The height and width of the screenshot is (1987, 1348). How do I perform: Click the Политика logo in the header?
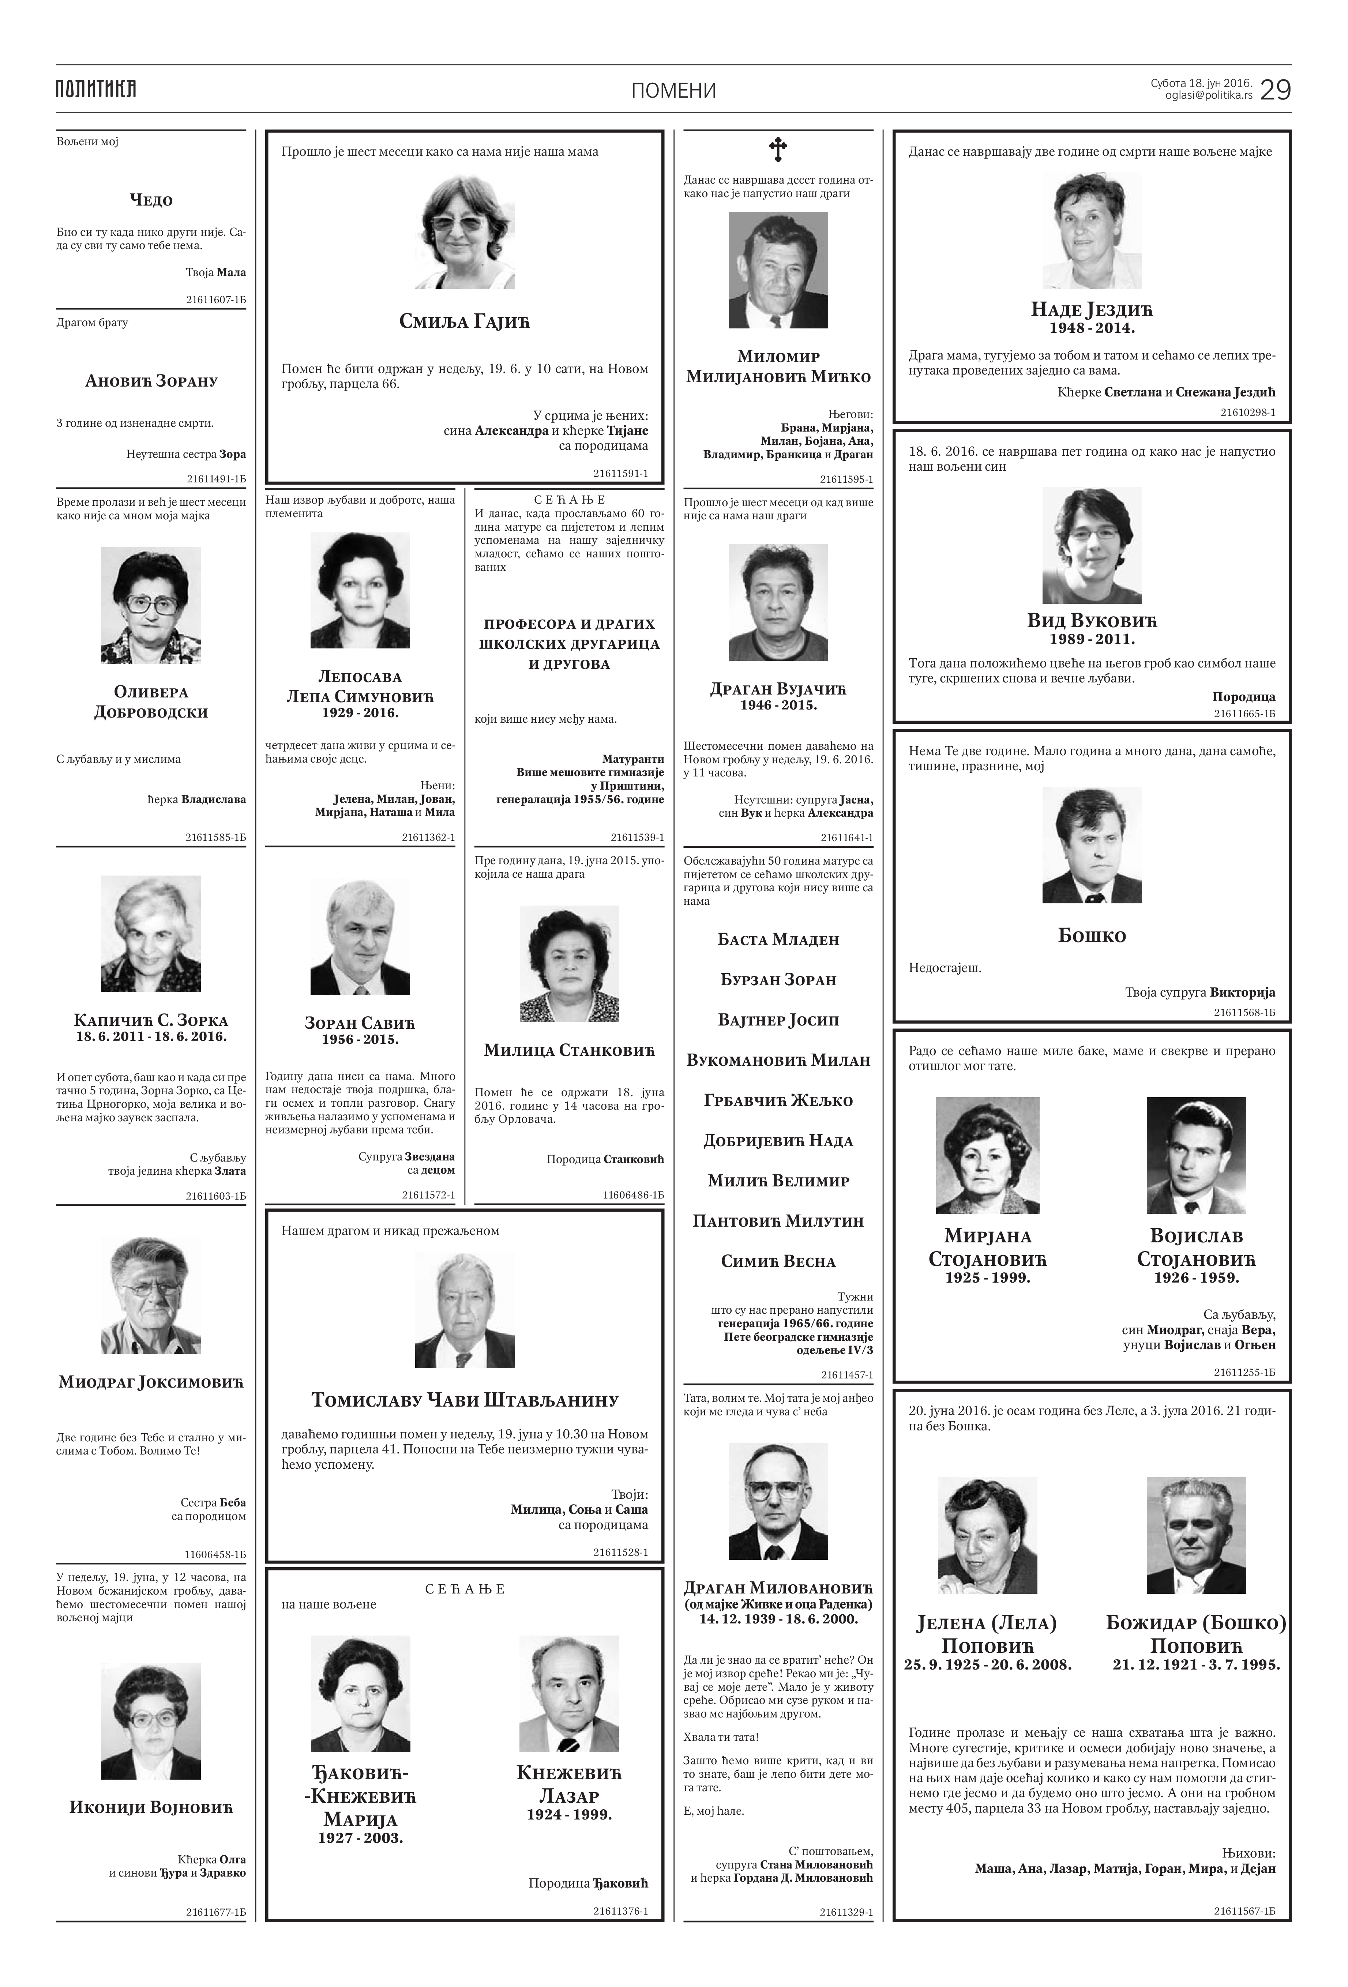[96, 89]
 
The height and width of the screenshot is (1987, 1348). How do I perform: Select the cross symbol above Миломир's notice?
[777, 150]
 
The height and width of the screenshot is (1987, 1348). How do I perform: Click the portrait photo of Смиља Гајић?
[465, 233]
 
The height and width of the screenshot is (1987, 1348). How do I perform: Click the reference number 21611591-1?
[620, 473]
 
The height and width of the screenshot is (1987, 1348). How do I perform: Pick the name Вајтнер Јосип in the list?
[778, 1020]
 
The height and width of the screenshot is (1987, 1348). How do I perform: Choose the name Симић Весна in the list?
[778, 1261]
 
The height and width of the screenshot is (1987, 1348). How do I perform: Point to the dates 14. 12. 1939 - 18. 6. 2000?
[778, 1619]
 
